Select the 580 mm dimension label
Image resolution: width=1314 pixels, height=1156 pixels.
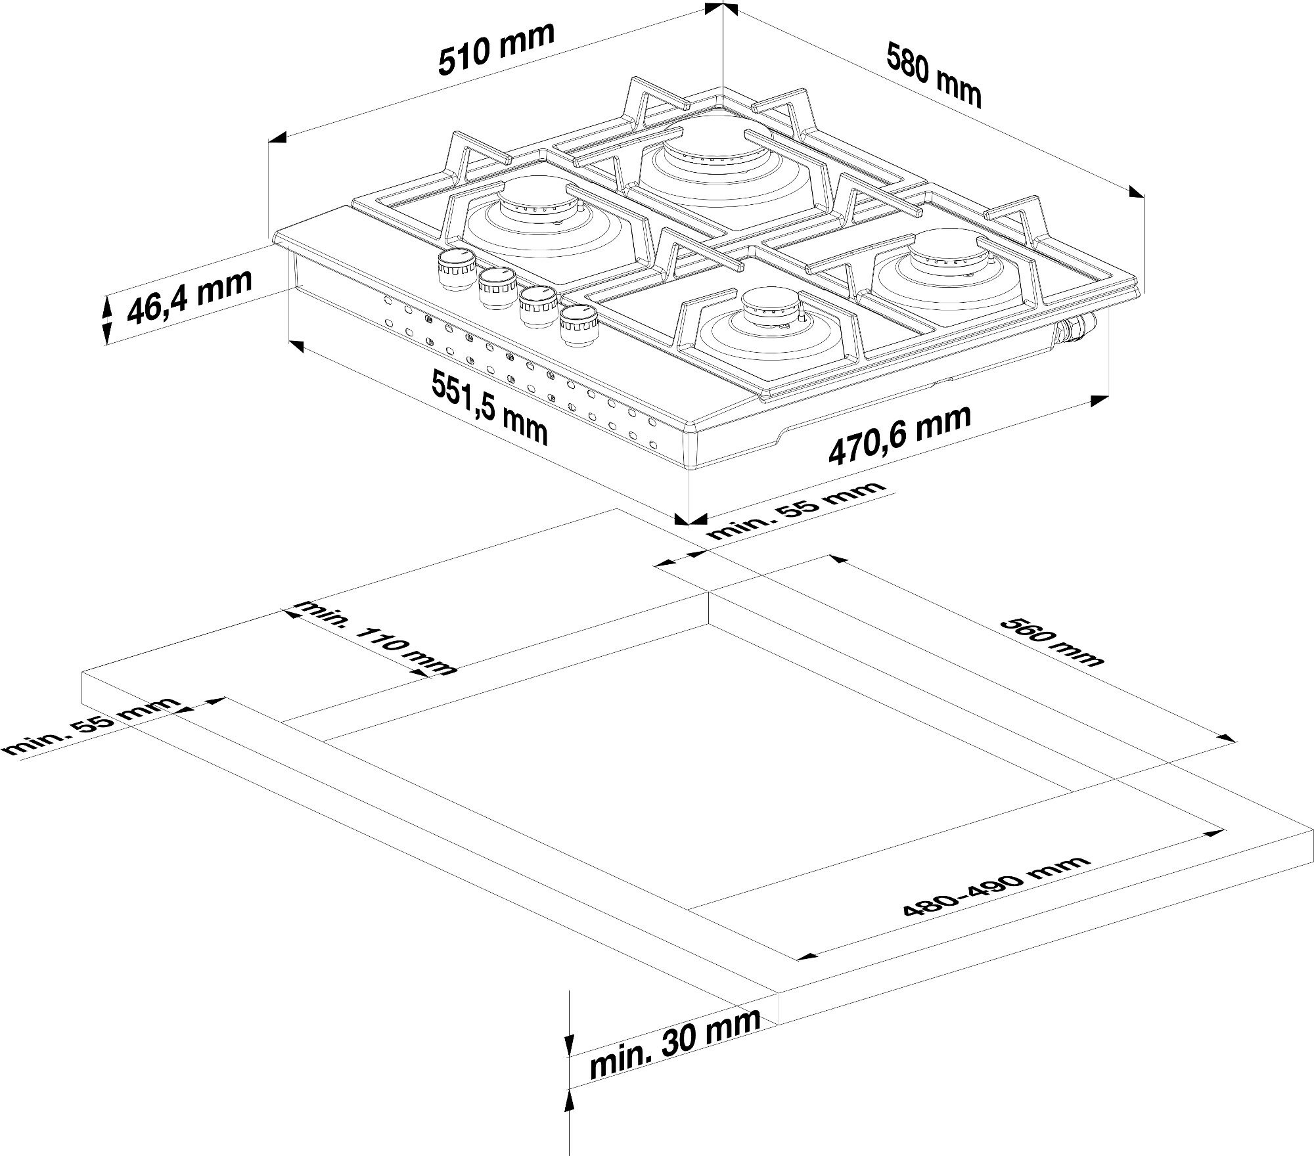933,74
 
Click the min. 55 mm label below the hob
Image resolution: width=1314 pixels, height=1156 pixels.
797,510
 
